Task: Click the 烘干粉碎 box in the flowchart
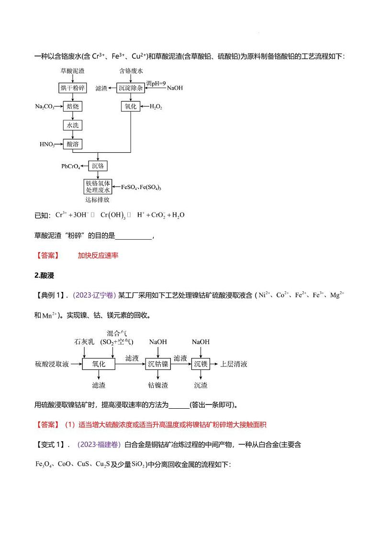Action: coord(72,88)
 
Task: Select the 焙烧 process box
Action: coord(72,106)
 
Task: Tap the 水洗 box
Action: coord(72,125)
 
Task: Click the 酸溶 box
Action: coord(73,144)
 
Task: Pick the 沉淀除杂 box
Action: coord(131,88)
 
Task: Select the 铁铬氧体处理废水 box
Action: coord(98,187)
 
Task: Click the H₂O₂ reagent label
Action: coord(156,107)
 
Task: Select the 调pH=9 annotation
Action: coord(156,84)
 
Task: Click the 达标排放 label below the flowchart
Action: coord(98,200)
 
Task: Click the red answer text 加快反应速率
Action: coord(98,255)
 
